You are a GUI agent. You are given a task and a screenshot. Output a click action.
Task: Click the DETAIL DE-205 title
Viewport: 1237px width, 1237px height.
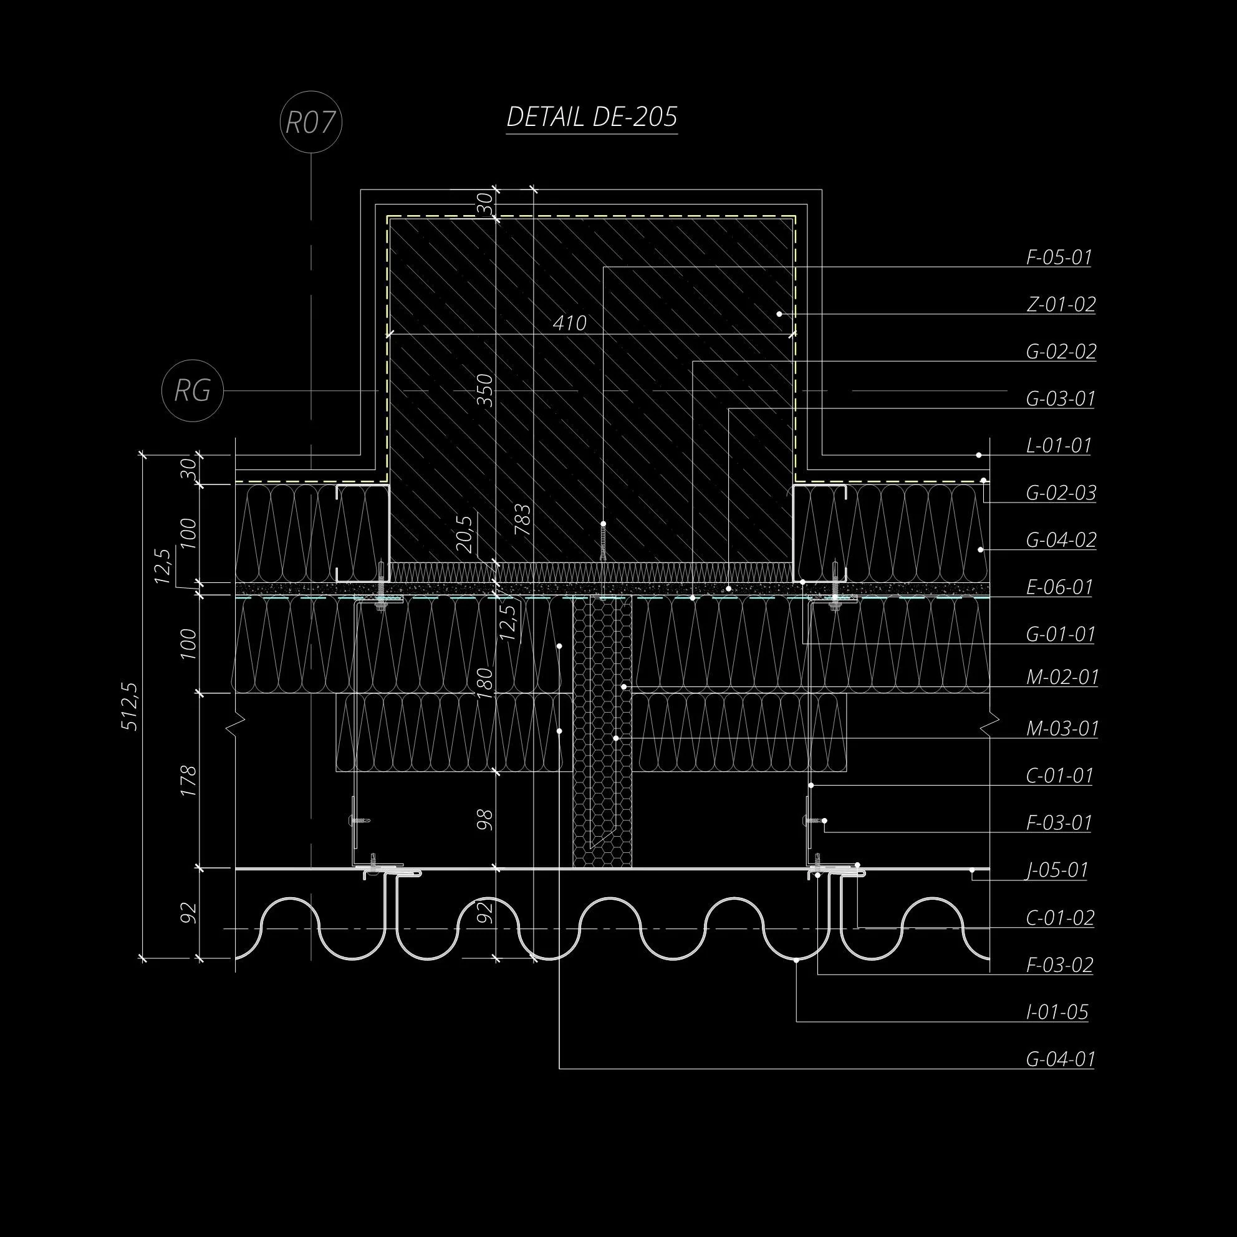(592, 117)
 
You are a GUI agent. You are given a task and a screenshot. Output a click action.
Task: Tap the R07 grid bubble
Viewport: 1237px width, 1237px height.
(310, 122)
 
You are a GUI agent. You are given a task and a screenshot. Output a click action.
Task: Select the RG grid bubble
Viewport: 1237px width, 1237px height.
(192, 390)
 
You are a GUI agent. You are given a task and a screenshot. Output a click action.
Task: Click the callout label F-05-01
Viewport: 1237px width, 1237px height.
(1059, 258)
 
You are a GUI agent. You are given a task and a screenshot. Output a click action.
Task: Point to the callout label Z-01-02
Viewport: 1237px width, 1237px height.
(1061, 305)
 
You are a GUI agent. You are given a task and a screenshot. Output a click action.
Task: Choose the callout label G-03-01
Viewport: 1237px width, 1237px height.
(1061, 399)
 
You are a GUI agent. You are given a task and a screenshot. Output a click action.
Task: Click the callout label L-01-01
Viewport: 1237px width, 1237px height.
(1059, 446)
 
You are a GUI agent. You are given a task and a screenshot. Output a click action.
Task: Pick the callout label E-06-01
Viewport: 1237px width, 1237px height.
(1060, 587)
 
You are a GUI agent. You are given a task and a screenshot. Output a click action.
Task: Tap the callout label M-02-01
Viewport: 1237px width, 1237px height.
(1062, 677)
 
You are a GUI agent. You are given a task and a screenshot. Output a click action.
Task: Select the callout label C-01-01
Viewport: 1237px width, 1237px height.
(1060, 776)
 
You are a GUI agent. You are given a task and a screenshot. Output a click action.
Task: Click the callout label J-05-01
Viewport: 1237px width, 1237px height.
(1057, 870)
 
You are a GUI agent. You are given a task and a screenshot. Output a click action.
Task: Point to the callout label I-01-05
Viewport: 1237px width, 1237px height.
(1057, 1012)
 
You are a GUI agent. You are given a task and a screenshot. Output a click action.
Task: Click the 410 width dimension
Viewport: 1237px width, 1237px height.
(569, 324)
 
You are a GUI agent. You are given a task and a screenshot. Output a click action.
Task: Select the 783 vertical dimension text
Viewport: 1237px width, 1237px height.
(522, 520)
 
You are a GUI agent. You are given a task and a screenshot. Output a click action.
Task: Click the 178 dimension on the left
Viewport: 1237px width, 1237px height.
(188, 781)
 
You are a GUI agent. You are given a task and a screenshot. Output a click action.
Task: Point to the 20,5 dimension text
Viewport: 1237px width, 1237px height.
(465, 534)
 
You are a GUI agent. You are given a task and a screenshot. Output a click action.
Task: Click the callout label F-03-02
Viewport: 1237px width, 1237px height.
(1060, 965)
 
